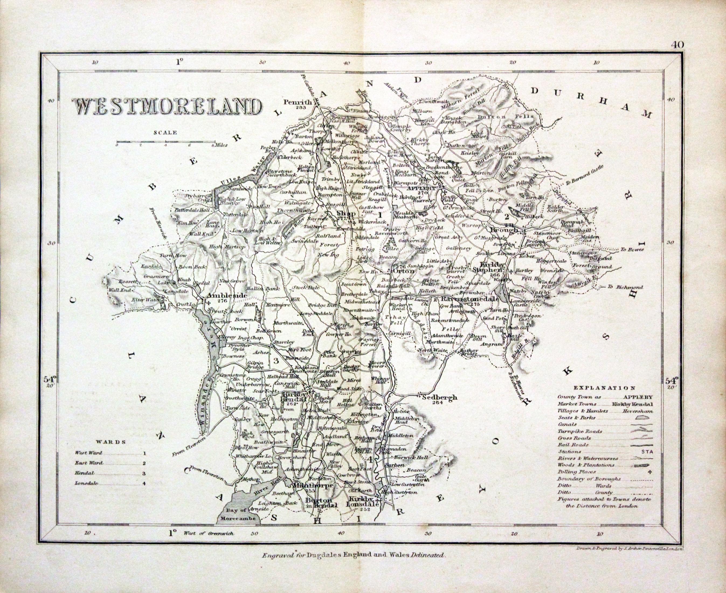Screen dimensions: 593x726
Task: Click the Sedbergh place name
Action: tap(439, 397)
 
